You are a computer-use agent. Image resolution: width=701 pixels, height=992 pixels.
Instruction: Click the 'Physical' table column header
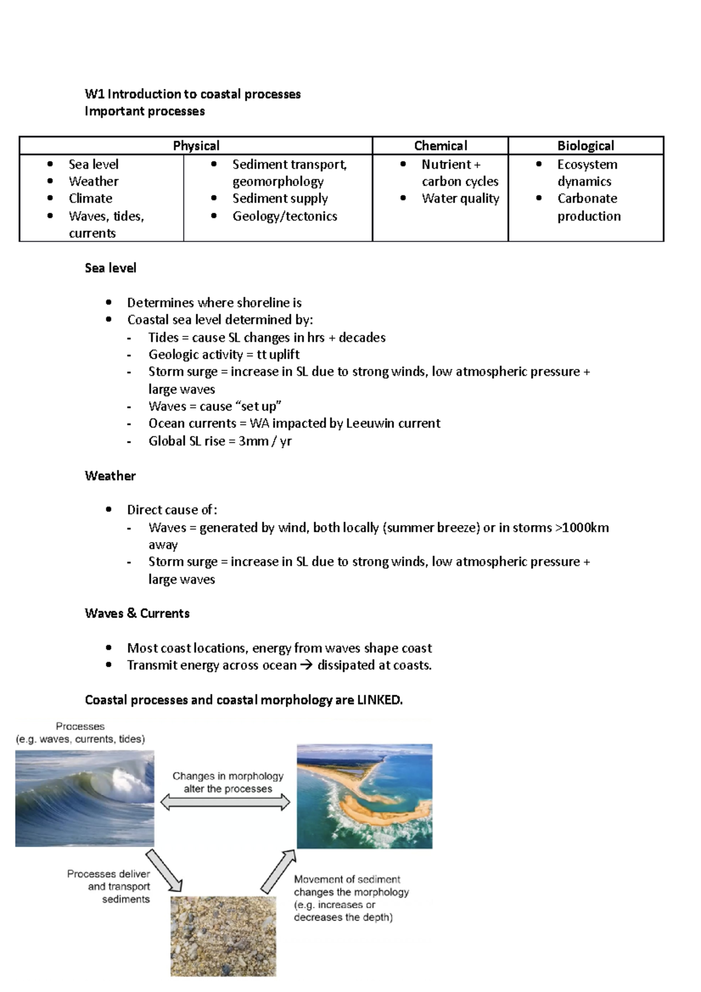click(196, 145)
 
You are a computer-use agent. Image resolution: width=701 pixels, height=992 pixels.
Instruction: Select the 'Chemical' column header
click(440, 145)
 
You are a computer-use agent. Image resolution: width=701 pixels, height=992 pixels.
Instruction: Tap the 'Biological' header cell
click(585, 145)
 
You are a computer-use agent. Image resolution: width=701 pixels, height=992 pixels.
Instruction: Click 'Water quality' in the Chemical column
click(460, 199)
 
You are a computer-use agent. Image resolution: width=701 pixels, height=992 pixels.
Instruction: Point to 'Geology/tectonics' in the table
click(284, 216)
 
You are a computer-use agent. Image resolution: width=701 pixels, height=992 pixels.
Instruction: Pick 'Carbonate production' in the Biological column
click(588, 207)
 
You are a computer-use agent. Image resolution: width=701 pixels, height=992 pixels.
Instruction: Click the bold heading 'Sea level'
click(110, 268)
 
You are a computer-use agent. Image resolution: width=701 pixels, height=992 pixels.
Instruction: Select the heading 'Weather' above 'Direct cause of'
click(110, 476)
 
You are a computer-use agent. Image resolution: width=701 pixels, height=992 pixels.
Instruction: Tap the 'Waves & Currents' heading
click(137, 613)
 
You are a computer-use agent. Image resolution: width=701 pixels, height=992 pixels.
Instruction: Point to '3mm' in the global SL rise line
click(253, 441)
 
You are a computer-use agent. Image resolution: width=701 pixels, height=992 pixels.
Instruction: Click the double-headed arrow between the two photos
click(225, 803)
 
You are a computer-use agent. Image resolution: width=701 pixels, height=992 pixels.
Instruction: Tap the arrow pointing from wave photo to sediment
click(164, 871)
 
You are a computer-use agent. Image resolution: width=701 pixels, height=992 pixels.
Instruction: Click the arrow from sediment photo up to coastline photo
click(279, 871)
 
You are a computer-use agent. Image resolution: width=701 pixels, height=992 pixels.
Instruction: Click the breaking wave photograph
click(85, 799)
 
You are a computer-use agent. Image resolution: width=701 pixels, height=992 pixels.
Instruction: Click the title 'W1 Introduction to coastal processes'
click(193, 94)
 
